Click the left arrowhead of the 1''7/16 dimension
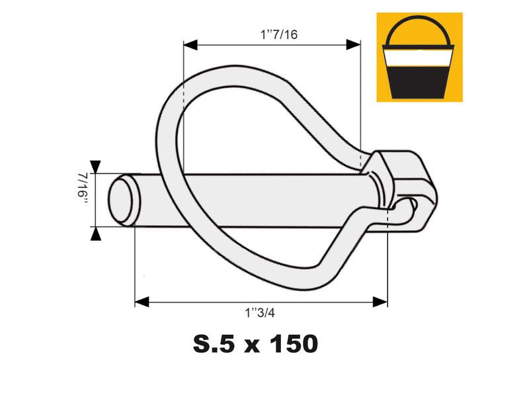point(189,45)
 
